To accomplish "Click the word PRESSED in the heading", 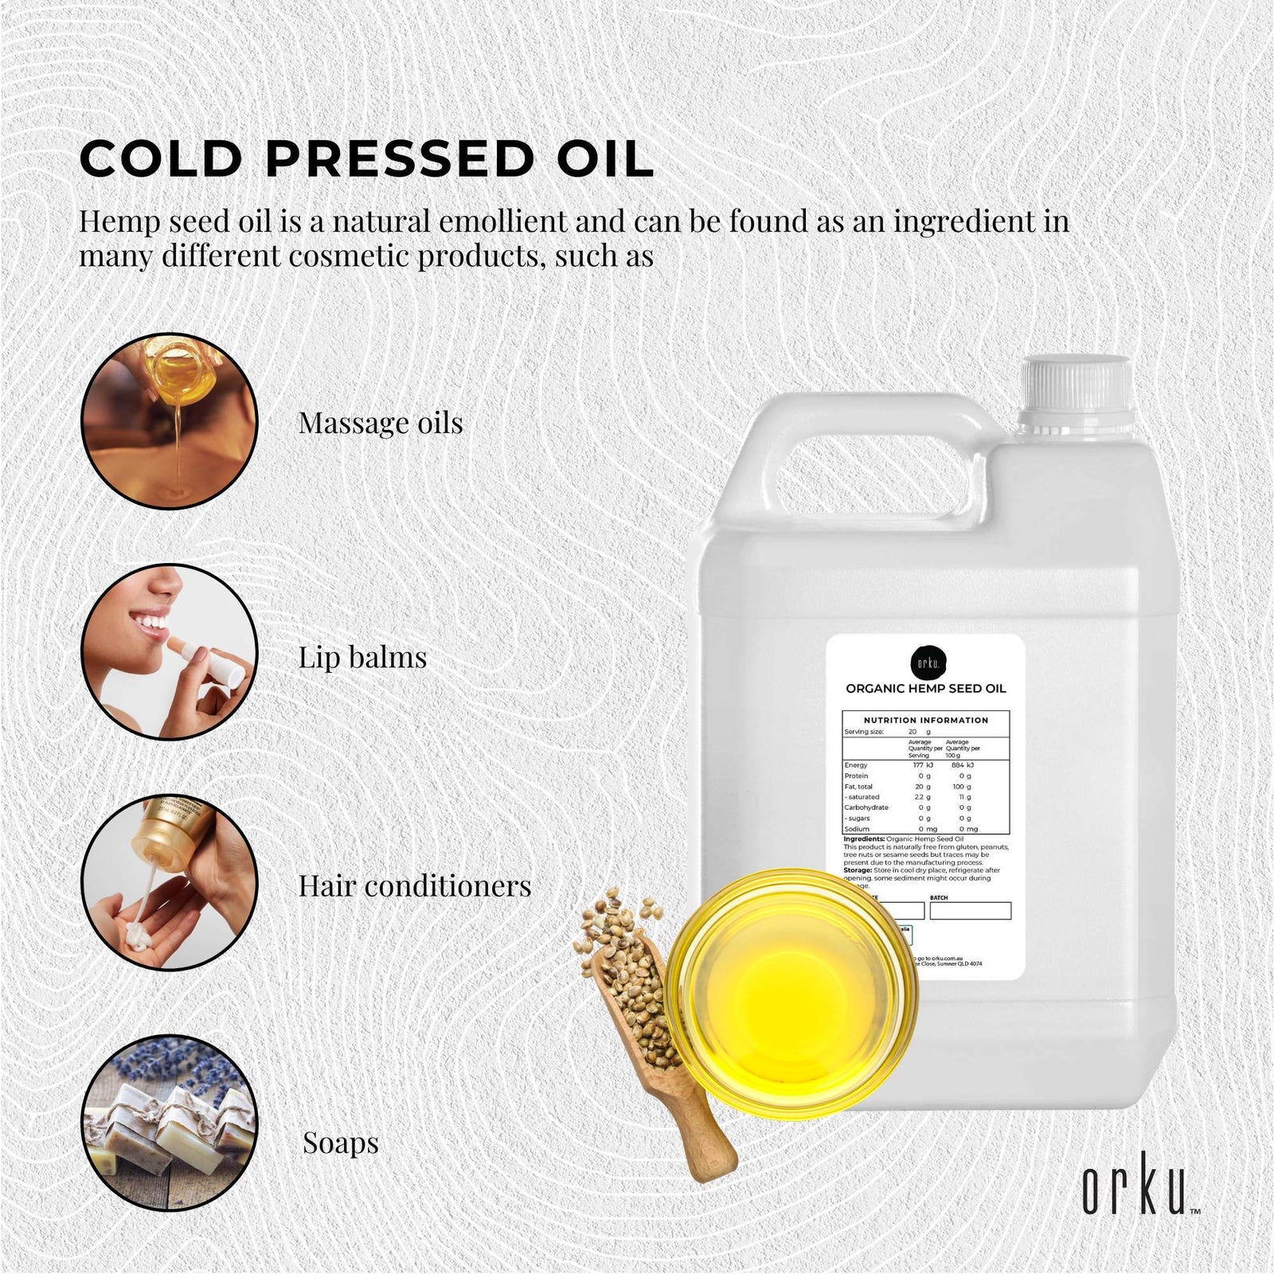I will [399, 158].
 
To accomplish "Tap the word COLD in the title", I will [161, 158].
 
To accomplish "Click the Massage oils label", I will [381, 423].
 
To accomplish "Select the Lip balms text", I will [362, 657].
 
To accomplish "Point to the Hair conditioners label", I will [414, 885].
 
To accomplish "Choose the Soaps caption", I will [340, 1143].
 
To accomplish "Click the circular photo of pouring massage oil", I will [170, 421].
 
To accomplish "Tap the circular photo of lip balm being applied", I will [170, 652].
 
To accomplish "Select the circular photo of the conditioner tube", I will [170, 882].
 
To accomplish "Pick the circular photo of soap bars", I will [170, 1123].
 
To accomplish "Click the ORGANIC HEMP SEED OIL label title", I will [926, 689].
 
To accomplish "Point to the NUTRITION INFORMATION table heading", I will [926, 720].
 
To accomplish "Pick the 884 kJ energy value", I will [962, 765].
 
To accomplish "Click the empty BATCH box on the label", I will [970, 911].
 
